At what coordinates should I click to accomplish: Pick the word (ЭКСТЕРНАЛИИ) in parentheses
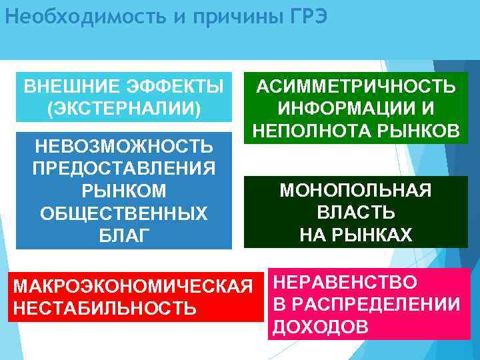click(124, 108)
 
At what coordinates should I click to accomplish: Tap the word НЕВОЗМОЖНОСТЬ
click(124, 146)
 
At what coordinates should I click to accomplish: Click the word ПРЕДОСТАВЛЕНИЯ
click(124, 168)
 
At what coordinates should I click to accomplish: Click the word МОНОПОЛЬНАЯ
click(356, 191)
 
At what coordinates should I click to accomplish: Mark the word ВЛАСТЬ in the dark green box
click(356, 213)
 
